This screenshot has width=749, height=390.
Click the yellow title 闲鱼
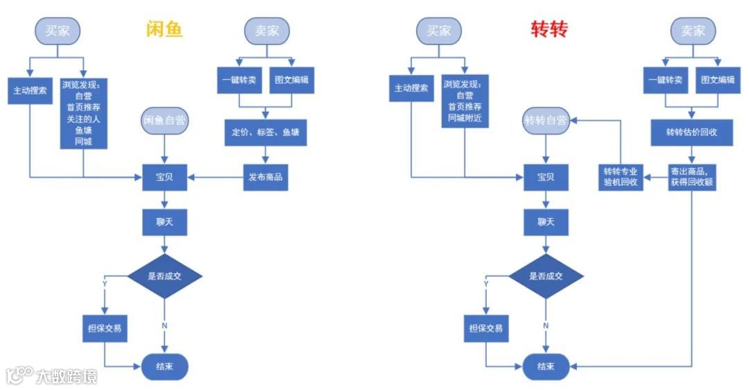(164, 29)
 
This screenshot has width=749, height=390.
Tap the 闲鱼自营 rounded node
(164, 119)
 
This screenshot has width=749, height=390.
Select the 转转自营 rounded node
(545, 120)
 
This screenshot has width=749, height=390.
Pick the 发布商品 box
(265, 177)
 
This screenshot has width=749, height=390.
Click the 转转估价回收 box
(691, 133)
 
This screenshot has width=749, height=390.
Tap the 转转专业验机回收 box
(621, 177)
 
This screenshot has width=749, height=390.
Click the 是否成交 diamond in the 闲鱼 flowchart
(164, 275)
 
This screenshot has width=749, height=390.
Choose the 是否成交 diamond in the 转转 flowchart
(545, 275)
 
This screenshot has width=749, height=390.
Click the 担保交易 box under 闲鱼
(105, 328)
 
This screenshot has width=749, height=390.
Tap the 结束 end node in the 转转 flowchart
(545, 366)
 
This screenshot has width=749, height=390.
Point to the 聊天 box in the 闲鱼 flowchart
(164, 222)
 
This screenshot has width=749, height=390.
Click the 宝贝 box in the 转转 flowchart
(545, 177)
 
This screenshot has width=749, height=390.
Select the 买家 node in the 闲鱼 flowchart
(58, 31)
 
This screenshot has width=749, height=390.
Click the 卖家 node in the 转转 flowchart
(692, 31)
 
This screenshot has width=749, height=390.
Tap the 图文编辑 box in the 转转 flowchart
(717, 80)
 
